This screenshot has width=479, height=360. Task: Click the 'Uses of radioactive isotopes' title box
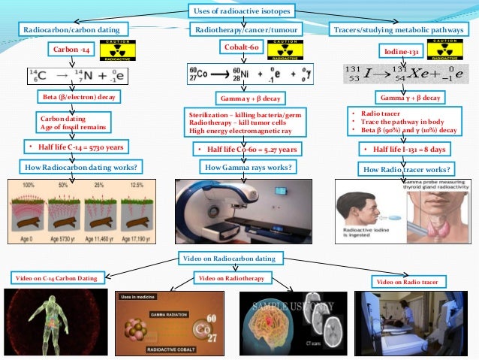239,11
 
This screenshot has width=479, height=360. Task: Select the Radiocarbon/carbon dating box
73,29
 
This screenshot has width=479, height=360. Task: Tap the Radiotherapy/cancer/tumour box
238,29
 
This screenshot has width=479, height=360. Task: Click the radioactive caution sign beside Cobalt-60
282,49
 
